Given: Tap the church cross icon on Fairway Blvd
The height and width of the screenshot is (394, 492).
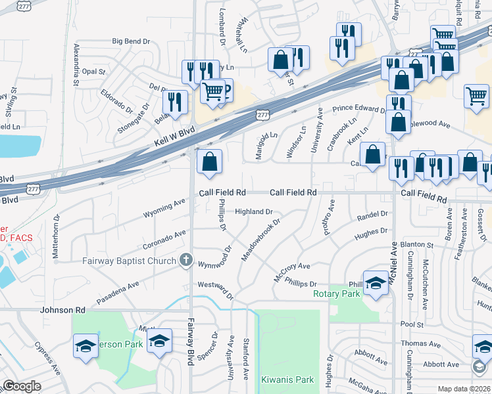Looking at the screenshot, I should (187, 261).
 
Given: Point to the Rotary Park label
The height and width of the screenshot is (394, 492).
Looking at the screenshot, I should (337, 294).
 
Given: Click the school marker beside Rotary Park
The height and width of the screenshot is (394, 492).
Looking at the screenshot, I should (376, 284).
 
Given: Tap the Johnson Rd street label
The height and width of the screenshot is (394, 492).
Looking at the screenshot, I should (63, 309).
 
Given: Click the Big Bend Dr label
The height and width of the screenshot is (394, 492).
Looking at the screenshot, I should (131, 41).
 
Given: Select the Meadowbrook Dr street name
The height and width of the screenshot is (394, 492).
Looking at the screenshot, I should (260, 240).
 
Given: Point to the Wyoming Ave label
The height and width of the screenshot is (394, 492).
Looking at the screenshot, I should (164, 209).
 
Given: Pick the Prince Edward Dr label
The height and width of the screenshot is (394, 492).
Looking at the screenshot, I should (358, 108).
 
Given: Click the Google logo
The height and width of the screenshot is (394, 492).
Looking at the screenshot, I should (22, 386).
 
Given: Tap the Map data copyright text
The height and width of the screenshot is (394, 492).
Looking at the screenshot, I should (464, 389).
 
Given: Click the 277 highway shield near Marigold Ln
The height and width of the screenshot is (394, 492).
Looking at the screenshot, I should (263, 115).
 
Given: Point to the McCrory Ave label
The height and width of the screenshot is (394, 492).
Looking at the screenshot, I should (292, 271).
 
